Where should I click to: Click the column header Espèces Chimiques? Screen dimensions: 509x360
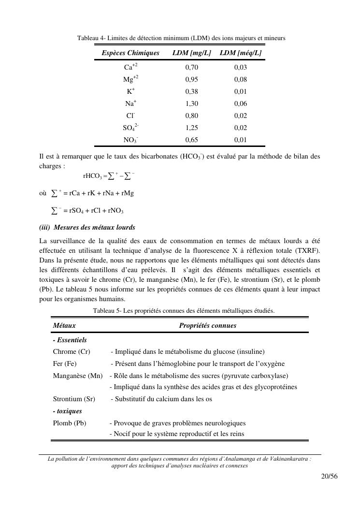(130, 53)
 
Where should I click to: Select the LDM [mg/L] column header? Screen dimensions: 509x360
(191, 53)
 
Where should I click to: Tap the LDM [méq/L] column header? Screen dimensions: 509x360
(240, 53)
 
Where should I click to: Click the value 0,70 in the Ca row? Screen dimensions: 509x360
(191, 67)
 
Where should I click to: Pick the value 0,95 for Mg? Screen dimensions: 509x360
(191, 79)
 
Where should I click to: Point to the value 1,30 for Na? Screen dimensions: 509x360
(191, 103)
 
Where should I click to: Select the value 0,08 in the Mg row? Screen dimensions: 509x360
(240, 79)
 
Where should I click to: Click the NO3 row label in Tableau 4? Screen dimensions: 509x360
(130, 140)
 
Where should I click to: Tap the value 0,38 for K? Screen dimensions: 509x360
(191, 91)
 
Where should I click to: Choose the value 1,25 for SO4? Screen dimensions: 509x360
(191, 128)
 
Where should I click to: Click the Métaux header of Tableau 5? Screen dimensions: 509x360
(64, 326)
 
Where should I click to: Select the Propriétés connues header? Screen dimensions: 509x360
(207, 326)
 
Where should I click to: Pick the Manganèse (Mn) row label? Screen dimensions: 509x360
(77, 376)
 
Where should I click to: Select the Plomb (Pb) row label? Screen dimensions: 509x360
(70, 423)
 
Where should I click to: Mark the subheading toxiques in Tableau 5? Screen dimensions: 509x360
(67, 411)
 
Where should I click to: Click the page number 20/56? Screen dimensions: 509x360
(329, 476)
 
